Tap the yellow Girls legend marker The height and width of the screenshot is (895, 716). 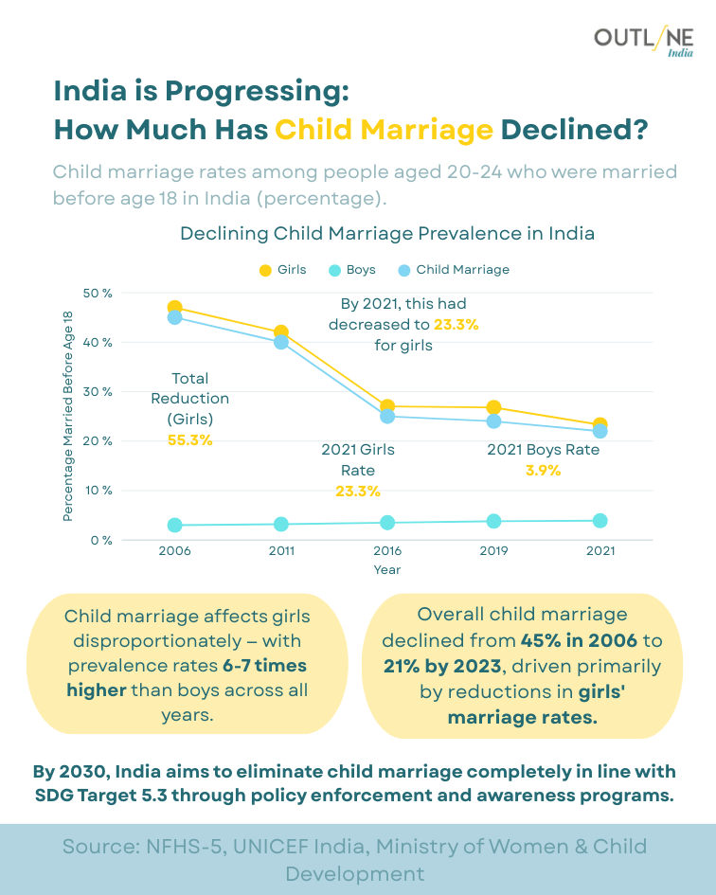(x=265, y=270)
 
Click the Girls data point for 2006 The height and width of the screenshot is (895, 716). (x=175, y=308)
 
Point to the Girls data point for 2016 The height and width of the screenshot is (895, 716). (x=387, y=406)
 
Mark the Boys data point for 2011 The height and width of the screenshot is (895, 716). (x=281, y=524)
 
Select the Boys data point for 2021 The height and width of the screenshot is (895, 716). (x=600, y=521)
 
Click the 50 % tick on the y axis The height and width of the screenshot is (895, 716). (x=98, y=293)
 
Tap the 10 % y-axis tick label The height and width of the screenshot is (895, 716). (x=98, y=491)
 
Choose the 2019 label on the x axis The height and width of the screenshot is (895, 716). (x=493, y=551)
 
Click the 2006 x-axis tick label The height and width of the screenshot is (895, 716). (x=175, y=551)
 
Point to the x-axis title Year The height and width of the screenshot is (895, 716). (x=386, y=570)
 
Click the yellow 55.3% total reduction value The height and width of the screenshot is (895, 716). (x=189, y=440)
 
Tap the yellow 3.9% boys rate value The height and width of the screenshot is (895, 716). (x=543, y=471)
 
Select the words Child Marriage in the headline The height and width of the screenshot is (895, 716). (x=384, y=129)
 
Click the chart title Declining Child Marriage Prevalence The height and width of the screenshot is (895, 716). (x=386, y=233)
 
